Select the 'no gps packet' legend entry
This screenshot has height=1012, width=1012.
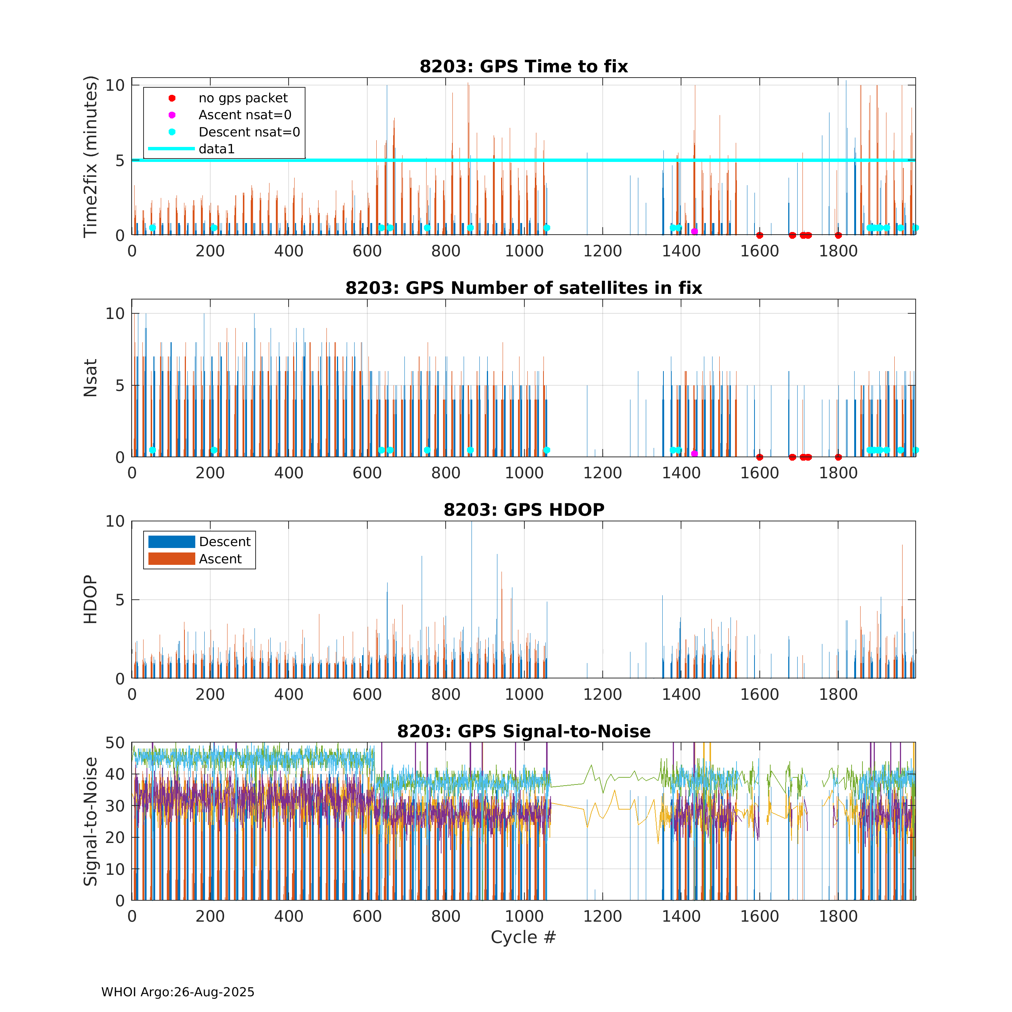point(243,99)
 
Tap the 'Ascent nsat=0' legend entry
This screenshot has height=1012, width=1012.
point(245,115)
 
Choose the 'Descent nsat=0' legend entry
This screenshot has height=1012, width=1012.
point(249,132)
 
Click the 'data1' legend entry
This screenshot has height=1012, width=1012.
point(216,149)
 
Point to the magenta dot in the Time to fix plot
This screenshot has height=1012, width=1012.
point(694,232)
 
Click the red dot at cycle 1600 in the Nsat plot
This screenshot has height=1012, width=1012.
point(759,457)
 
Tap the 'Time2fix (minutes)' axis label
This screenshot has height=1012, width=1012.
point(91,157)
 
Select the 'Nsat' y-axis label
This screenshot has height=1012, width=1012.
point(91,378)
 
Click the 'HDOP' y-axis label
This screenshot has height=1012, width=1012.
point(91,600)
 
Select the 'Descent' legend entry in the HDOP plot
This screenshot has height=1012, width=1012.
point(225,542)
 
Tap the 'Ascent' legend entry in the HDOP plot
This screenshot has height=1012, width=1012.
point(220,559)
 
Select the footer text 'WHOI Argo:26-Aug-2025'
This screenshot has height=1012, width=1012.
point(178,992)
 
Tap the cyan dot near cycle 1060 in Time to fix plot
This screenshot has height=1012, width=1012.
point(546,228)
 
